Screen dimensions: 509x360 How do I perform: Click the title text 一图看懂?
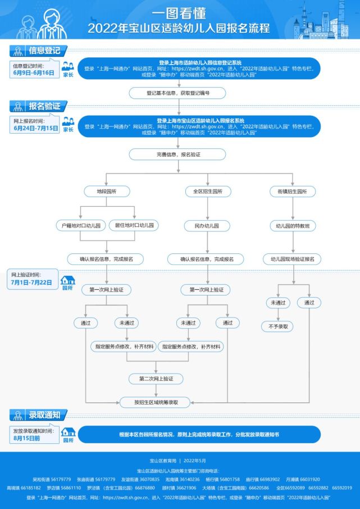[179, 12]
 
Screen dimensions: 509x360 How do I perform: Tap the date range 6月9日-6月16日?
[34, 73]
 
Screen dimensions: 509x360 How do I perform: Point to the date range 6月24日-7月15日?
[35, 128]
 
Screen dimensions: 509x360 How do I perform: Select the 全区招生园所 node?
[200, 192]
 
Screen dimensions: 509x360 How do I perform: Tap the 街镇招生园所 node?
[292, 192]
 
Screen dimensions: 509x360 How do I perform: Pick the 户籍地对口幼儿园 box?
[81, 225]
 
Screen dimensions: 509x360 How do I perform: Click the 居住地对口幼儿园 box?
[134, 225]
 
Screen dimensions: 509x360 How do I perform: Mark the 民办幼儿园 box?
[200, 225]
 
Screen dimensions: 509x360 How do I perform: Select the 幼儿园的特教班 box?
[292, 225]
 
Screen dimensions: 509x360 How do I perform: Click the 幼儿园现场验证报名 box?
[292, 259]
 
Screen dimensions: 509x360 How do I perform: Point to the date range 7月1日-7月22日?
[31, 282]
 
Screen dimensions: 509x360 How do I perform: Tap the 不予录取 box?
[278, 326]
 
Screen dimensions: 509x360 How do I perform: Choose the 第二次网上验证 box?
[156, 379]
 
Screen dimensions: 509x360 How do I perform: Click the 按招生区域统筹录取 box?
[156, 402]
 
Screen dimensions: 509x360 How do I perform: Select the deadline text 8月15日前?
[27, 437]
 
